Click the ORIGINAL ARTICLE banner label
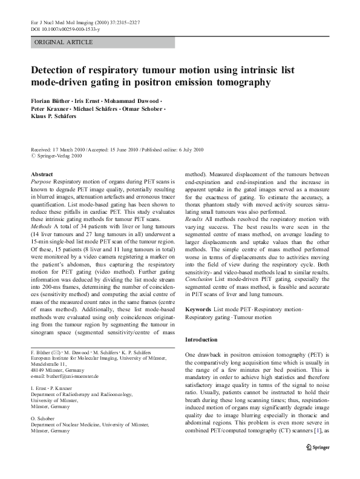pos(64,42)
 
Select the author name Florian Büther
pos(52,100)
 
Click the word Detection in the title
pos(56,70)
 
